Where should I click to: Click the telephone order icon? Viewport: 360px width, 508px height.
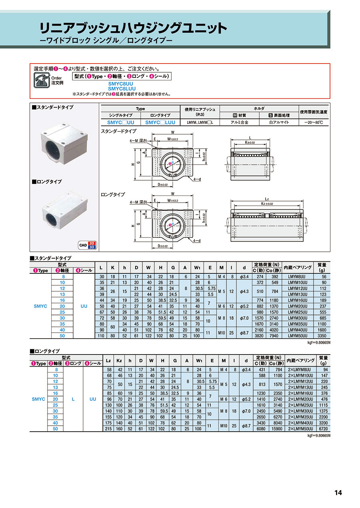[x=42, y=80]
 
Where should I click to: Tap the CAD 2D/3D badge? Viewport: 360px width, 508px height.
[x=87, y=245]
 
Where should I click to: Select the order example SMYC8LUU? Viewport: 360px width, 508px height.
[x=122, y=89]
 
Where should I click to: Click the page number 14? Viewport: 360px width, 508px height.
[x=338, y=492]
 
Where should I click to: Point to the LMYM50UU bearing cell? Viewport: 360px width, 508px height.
[x=298, y=336]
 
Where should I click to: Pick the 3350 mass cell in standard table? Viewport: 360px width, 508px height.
[x=322, y=336]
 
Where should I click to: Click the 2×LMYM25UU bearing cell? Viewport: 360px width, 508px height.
[x=300, y=405]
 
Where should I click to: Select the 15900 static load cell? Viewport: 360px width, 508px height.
[x=277, y=428]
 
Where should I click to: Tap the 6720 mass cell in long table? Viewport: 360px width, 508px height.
[x=324, y=428]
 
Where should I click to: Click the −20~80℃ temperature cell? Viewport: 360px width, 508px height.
[x=314, y=122]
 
